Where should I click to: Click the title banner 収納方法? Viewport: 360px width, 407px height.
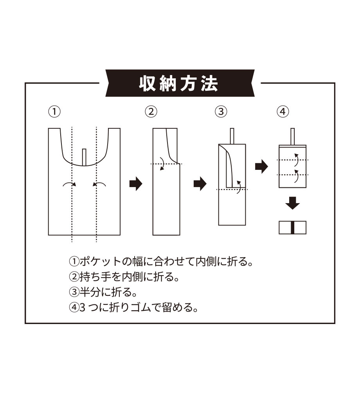(180, 83)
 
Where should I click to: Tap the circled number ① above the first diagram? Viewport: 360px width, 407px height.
(54, 112)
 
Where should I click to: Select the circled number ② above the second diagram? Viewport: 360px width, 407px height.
(151, 112)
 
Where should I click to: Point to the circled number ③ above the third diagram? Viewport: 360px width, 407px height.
(221, 112)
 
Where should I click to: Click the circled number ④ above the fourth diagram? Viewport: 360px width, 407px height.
(283, 112)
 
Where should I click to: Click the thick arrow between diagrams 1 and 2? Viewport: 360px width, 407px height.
(136, 184)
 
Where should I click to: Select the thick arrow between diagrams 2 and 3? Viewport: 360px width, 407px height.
(200, 184)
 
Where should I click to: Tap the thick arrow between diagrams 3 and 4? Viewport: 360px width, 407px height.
(261, 166)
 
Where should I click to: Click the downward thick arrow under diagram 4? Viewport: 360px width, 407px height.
(293, 203)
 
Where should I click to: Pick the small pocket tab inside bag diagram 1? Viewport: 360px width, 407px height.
(84, 157)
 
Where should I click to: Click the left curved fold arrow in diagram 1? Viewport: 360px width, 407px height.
(70, 184)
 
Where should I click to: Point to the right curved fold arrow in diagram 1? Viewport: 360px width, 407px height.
(99, 184)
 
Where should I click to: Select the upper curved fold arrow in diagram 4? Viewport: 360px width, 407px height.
(296, 160)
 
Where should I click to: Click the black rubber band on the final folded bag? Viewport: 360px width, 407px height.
(293, 228)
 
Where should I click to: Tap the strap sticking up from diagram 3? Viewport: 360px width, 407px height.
(232, 136)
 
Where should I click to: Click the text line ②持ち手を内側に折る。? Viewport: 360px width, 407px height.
(124, 277)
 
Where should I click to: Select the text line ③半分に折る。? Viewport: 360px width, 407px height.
(103, 292)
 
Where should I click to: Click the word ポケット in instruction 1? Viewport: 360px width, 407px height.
(100, 262)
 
